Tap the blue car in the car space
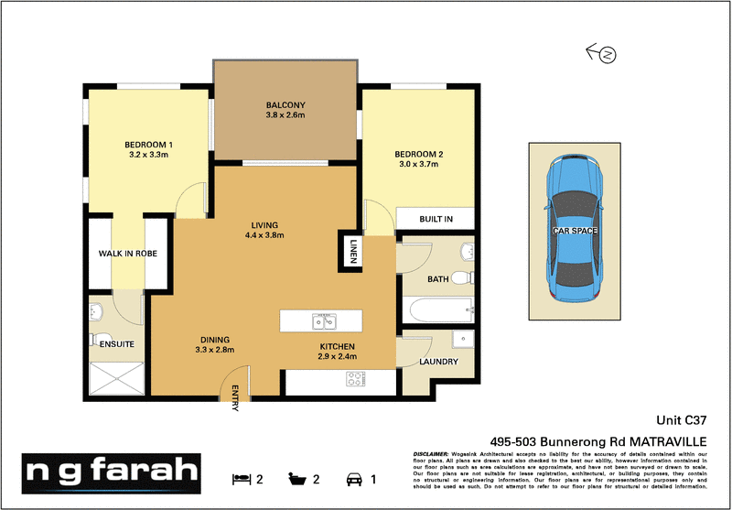click(574, 231)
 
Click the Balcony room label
click(285, 104)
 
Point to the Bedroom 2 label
click(418, 154)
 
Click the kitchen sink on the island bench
click(323, 321)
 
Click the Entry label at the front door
click(235, 398)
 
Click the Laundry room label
click(438, 362)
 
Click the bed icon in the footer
click(241, 479)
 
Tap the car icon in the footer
click(353, 479)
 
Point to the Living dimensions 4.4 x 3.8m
click(264, 235)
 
